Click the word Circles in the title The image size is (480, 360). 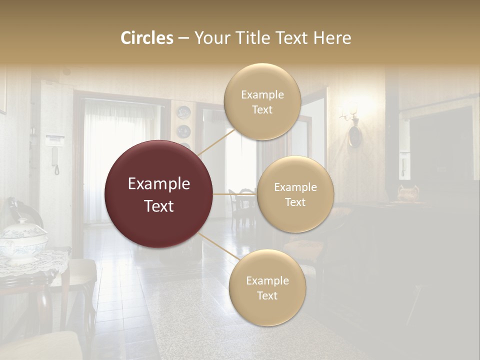[x=146, y=38]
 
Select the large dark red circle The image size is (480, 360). [x=159, y=194]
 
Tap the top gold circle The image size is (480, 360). [x=262, y=101]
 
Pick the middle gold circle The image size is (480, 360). [x=295, y=194]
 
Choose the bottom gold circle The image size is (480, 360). [x=267, y=287]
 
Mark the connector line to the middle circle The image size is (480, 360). [x=235, y=194]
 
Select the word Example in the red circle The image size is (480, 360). [x=159, y=184]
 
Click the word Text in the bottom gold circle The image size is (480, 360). [x=267, y=295]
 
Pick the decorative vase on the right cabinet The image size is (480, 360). [x=408, y=192]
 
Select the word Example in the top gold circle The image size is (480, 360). [x=262, y=94]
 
